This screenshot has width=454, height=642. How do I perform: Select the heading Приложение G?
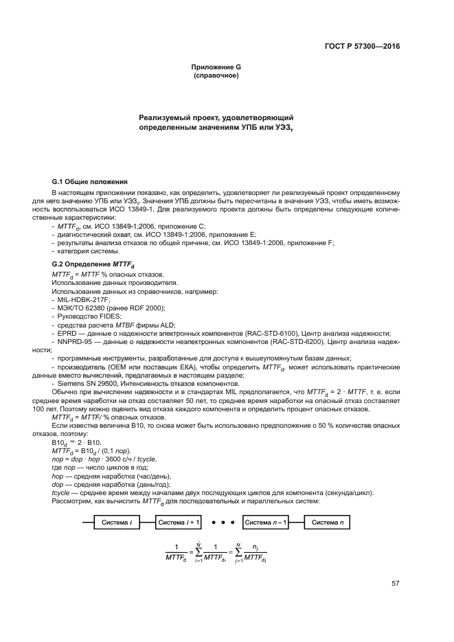(x=216, y=67)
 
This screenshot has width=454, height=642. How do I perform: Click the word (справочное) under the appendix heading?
(x=216, y=76)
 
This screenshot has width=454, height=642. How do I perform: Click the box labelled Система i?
(x=116, y=522)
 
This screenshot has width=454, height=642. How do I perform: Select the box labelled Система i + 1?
(x=179, y=522)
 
